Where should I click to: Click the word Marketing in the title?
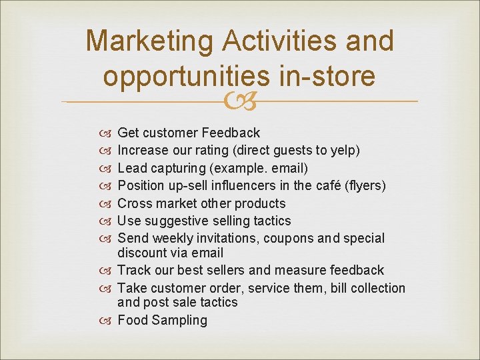149,41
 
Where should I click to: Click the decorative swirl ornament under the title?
240,102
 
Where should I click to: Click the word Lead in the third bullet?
131,168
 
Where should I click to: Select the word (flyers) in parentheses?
365,185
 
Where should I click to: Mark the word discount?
143,253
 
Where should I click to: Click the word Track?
133,270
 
